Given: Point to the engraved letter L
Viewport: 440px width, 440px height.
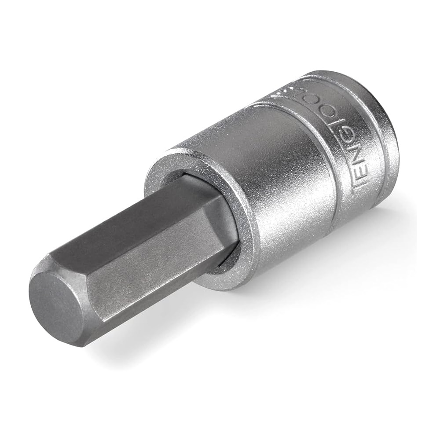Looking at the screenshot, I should (x=348, y=95).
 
